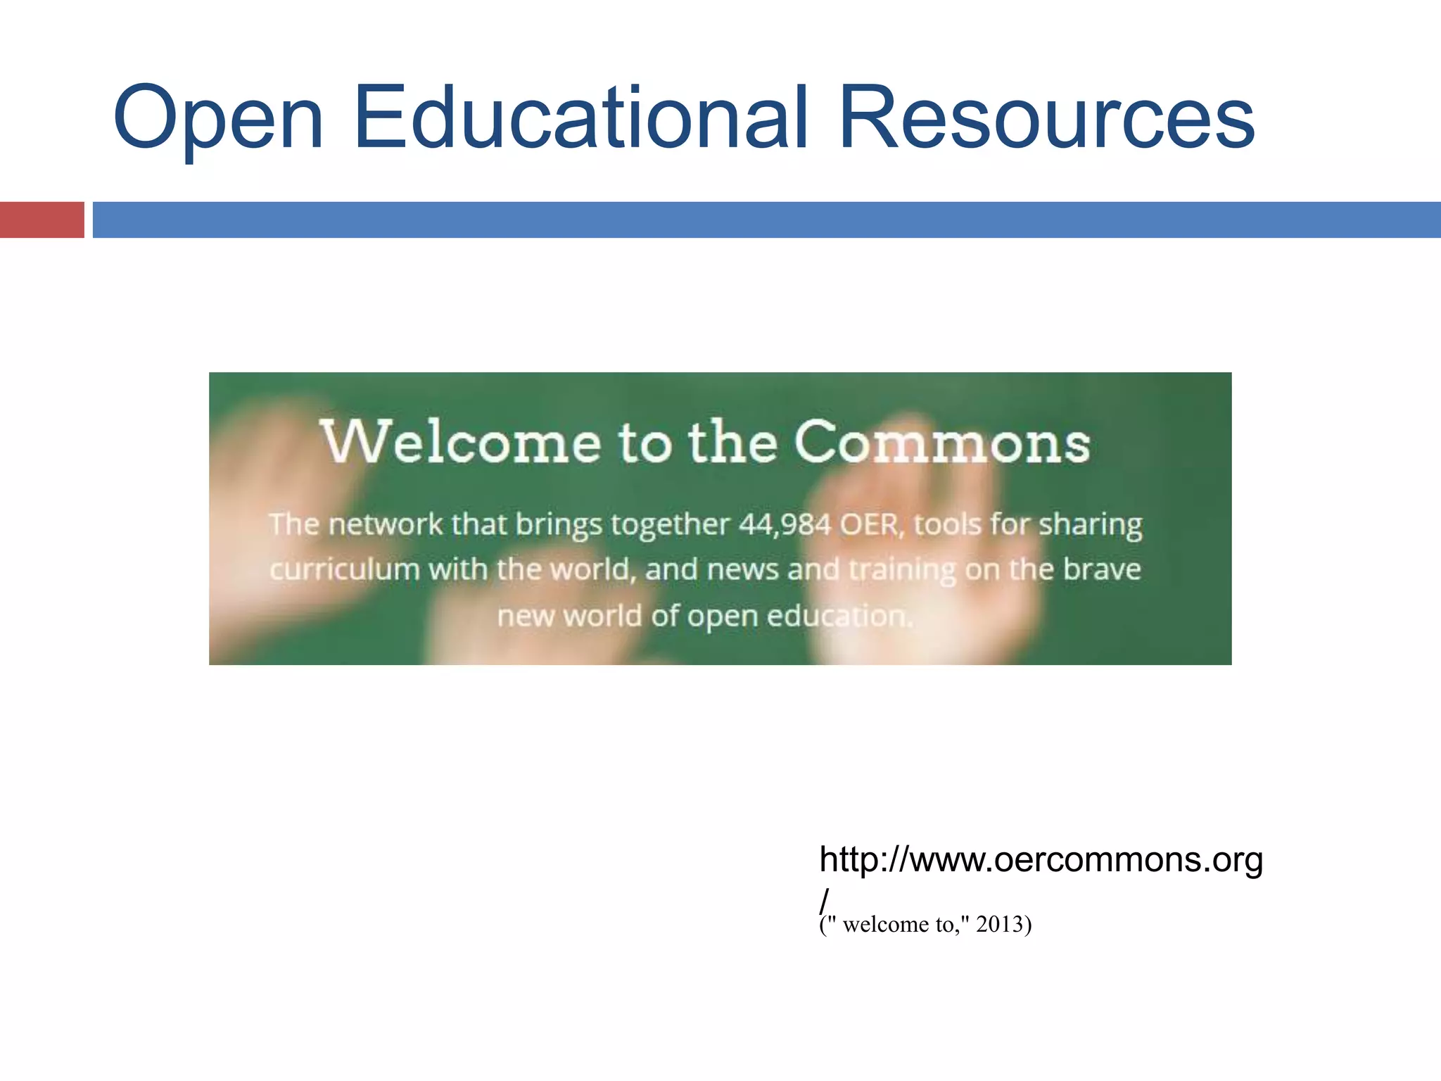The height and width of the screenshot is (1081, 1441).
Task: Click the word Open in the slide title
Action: tap(218, 120)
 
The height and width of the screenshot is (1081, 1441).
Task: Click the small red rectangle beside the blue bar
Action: tap(42, 220)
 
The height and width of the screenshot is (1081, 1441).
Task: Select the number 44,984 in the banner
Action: tap(785, 524)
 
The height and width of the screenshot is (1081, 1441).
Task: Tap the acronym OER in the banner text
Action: tap(870, 524)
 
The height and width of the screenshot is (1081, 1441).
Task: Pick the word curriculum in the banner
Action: tap(345, 569)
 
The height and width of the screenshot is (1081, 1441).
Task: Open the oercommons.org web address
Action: tap(1041, 860)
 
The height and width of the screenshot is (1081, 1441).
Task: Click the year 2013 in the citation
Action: tap(999, 924)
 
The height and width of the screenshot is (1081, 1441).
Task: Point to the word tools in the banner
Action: tap(947, 524)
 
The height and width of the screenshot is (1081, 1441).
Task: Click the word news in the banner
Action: tap(742, 569)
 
